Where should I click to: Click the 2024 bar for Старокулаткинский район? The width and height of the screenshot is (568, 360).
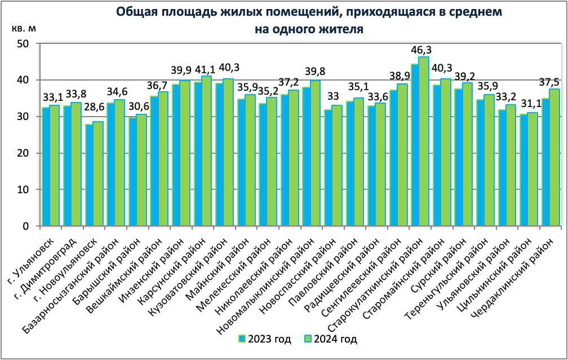click(x=424, y=142)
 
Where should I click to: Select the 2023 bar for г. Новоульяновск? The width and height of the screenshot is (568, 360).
click(x=89, y=176)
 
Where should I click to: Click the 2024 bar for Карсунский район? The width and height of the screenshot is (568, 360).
click(x=206, y=151)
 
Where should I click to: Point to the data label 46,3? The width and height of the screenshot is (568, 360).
click(x=424, y=50)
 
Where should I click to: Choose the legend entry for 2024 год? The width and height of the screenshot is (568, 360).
click(x=330, y=339)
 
